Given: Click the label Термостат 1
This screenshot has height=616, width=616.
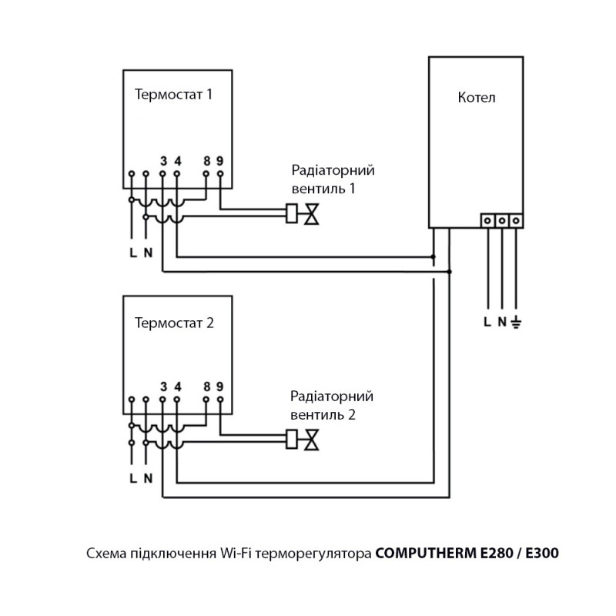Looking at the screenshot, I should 173,95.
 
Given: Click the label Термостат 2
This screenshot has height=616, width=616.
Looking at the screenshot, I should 174,322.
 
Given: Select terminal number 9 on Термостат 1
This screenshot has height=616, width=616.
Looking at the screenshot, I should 220,161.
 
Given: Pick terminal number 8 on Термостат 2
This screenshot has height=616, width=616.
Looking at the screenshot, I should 207,387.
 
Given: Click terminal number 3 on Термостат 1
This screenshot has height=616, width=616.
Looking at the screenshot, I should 163,161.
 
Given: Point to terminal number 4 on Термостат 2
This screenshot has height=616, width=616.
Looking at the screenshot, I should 177,387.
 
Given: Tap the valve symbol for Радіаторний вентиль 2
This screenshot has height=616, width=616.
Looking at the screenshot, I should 312,440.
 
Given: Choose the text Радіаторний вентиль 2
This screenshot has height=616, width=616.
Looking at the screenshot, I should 331,405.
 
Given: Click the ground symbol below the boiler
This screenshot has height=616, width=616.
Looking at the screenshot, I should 517,321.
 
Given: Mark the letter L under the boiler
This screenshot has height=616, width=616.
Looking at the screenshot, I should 487,322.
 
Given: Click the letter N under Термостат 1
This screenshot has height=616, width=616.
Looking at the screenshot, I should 148,253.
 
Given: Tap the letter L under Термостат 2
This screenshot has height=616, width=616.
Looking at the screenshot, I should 133,478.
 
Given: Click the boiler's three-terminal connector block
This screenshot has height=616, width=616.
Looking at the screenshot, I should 502,220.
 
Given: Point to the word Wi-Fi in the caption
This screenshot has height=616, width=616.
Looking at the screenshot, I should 236,553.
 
